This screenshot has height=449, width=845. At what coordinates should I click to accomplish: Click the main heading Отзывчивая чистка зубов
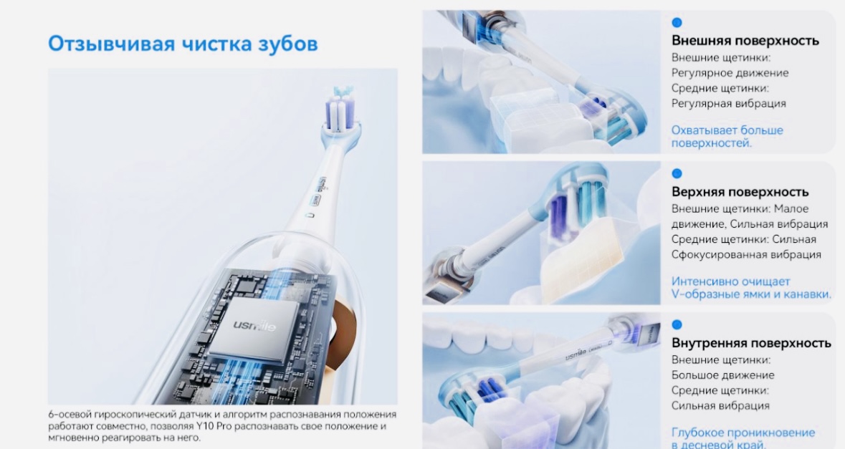coord(183,44)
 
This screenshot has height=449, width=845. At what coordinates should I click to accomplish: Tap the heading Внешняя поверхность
coord(745,40)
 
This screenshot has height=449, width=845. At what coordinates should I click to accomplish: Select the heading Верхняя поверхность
coord(740,192)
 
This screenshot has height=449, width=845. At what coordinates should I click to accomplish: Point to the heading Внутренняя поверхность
coord(751,343)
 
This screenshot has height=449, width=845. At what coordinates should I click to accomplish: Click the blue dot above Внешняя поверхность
coord(677,23)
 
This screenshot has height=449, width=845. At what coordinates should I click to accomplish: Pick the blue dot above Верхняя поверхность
coord(677,173)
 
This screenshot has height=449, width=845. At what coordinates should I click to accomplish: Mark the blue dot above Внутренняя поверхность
coord(677,324)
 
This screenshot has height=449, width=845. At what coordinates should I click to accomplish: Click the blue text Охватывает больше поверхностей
coord(727,137)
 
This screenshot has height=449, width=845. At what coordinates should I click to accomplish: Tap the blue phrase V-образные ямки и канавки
coord(751,294)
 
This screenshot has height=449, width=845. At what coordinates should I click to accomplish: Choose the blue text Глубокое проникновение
coord(743,433)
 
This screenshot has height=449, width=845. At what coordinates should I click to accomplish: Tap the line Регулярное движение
coord(730,73)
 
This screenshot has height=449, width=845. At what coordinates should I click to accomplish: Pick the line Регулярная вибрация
coord(729,103)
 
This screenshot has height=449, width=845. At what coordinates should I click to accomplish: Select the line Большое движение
coord(722,375)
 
